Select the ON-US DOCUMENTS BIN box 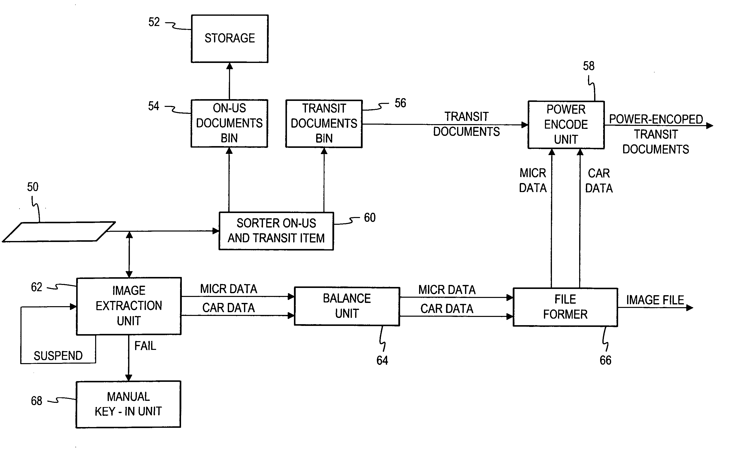(x=229, y=123)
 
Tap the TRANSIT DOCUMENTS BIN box (x=324, y=124)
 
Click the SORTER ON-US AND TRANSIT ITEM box (x=276, y=231)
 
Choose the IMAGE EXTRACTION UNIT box (x=129, y=306)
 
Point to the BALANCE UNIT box (x=347, y=306)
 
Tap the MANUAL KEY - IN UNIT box (x=128, y=404)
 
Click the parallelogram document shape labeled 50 (x=59, y=232)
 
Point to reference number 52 (x=154, y=22)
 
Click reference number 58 (x=589, y=66)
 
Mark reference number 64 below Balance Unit (x=382, y=360)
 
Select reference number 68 (x=36, y=401)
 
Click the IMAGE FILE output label (x=655, y=300)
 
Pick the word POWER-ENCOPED (x=656, y=119)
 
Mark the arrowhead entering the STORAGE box (x=230, y=66)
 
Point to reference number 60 (x=370, y=218)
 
